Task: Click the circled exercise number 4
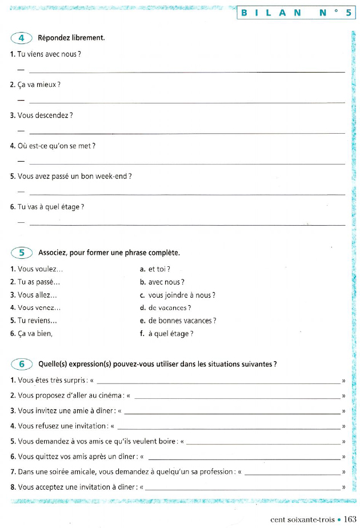click(x=22, y=38)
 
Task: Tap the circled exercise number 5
click(x=22, y=252)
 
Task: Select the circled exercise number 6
click(x=22, y=363)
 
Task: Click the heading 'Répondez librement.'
click(x=71, y=38)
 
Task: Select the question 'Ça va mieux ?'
click(x=35, y=85)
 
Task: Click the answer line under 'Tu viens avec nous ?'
click(x=186, y=71)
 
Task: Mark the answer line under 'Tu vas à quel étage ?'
click(x=186, y=225)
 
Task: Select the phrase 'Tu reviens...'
click(x=33, y=321)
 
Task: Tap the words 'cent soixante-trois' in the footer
click(x=303, y=519)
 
